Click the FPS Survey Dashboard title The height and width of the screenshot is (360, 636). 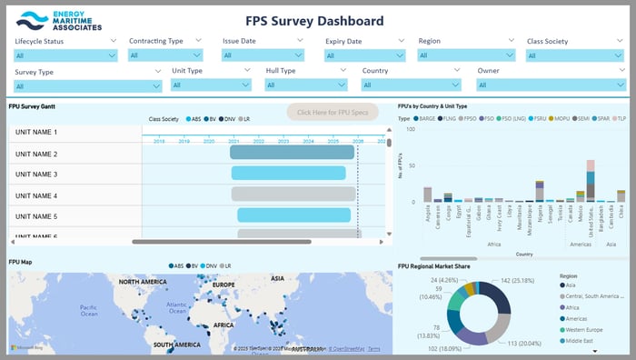pyautogui.click(x=314, y=21)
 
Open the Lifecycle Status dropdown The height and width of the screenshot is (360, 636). pyautogui.click(x=65, y=55)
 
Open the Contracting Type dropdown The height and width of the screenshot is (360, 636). pyautogui.click(x=168, y=55)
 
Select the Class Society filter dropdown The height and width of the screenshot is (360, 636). pyautogui.click(x=575, y=55)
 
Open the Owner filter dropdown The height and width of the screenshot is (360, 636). pyautogui.click(x=551, y=85)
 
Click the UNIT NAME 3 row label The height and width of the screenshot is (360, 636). pyautogui.click(x=36, y=175)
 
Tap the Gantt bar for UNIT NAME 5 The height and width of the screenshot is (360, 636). pyautogui.click(x=294, y=215)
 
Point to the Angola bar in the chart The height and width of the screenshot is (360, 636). pyautogui.click(x=428, y=195)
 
